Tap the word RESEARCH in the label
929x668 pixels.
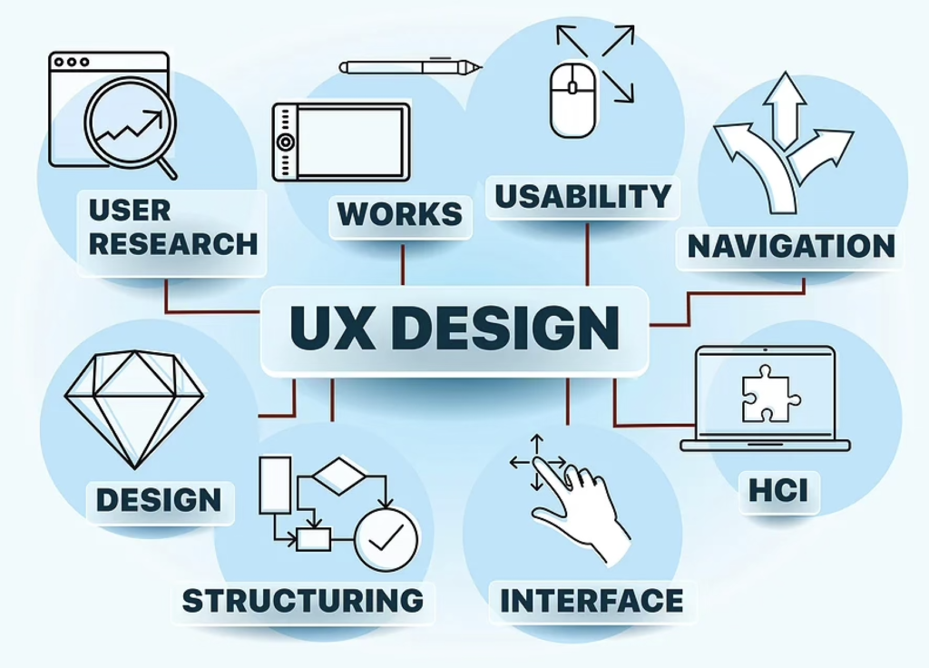pos(173,244)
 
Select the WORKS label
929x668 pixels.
pos(400,214)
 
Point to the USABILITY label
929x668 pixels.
pos(583,196)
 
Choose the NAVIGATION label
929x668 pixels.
pos(791,247)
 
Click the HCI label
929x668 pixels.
pos(778,491)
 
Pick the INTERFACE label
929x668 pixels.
pos(592,601)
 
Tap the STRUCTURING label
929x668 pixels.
pos(303,601)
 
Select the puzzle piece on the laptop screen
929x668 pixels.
pos(769,394)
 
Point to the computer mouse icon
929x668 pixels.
pos(573,100)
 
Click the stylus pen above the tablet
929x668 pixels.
pos(411,66)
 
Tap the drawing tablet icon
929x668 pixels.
pos(341,142)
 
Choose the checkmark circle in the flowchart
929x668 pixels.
pos(386,540)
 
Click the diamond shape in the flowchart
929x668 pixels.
pos(339,476)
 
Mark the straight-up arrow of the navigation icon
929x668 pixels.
pos(785,110)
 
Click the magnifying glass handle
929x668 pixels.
pos(167,168)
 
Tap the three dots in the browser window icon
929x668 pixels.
pos(71,62)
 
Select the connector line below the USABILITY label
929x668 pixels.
pos(587,255)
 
